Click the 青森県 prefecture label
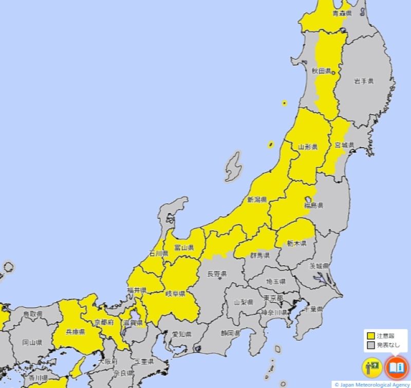pos(342,13)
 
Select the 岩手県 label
pos(364,81)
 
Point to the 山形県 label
pos(308,147)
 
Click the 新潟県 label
pos(257,199)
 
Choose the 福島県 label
pos(313,205)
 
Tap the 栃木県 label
pos(296,243)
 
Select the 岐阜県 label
pos(175,294)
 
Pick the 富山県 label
pos(183,248)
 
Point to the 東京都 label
pos(273,298)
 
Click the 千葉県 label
pos(312,309)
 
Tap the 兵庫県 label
pos(76,332)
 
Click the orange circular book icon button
pos(396,367)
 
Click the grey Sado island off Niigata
pos(234,166)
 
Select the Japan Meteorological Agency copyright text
pos(371,384)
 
